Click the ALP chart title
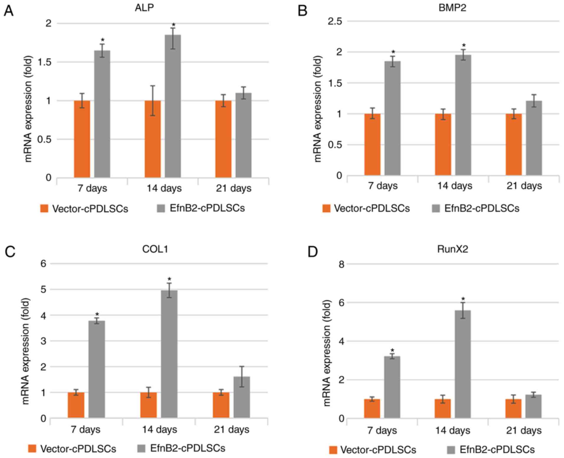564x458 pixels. coord(144,8)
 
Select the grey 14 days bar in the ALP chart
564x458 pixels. coord(173,106)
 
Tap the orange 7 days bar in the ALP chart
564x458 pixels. coord(82,139)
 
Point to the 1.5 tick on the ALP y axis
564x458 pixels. coord(45,62)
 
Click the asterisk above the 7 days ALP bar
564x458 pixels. coord(103,40)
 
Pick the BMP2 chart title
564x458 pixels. coord(452,8)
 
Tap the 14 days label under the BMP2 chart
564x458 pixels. coord(455,186)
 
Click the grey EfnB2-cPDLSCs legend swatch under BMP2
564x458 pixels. coord(436,208)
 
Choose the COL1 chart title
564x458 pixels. coord(155,249)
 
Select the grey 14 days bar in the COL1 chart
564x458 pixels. coord(169,354)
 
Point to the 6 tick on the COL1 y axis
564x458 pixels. coord(44,263)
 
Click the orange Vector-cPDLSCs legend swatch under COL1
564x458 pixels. coord(32,449)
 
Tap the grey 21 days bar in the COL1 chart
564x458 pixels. coord(242,397)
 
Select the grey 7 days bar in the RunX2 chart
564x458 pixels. coord(392,387)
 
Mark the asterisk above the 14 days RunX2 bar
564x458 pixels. coord(463,299)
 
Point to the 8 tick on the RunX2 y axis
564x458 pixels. coord(341,264)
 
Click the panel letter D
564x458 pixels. coord(313,252)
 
